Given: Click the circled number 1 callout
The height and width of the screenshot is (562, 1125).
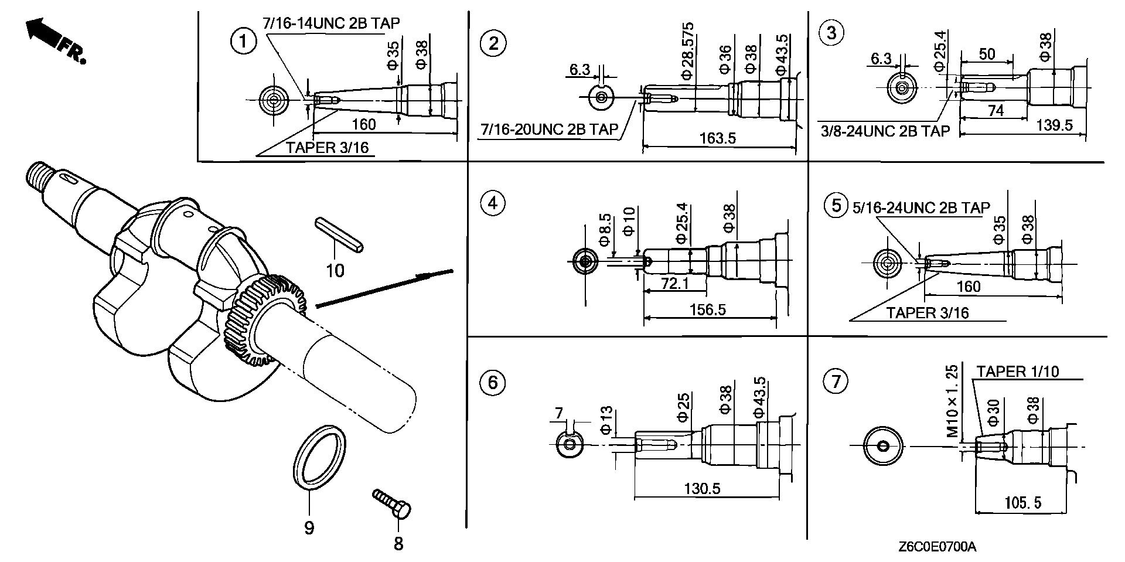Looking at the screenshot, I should point(243,43).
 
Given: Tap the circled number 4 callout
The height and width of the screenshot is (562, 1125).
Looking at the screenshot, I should point(492,203).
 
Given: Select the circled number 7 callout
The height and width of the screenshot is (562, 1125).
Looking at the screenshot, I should point(835,382).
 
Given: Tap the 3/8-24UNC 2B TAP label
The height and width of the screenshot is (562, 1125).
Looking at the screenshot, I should point(885,131).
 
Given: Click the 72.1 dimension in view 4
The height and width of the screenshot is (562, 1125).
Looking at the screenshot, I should point(674,284).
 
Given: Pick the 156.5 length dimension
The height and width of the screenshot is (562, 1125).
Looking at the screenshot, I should point(708,309).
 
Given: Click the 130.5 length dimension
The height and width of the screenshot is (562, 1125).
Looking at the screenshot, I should point(702,488).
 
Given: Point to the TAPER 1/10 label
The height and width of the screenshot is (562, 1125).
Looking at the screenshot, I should point(1018,372).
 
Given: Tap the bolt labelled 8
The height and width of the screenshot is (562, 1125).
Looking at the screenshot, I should point(393,504).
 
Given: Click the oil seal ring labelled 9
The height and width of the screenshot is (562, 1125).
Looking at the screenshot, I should point(318,454).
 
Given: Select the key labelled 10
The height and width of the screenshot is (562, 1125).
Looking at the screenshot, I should point(340,236).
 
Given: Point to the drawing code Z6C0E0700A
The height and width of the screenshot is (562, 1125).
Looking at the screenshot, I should point(937,547).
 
